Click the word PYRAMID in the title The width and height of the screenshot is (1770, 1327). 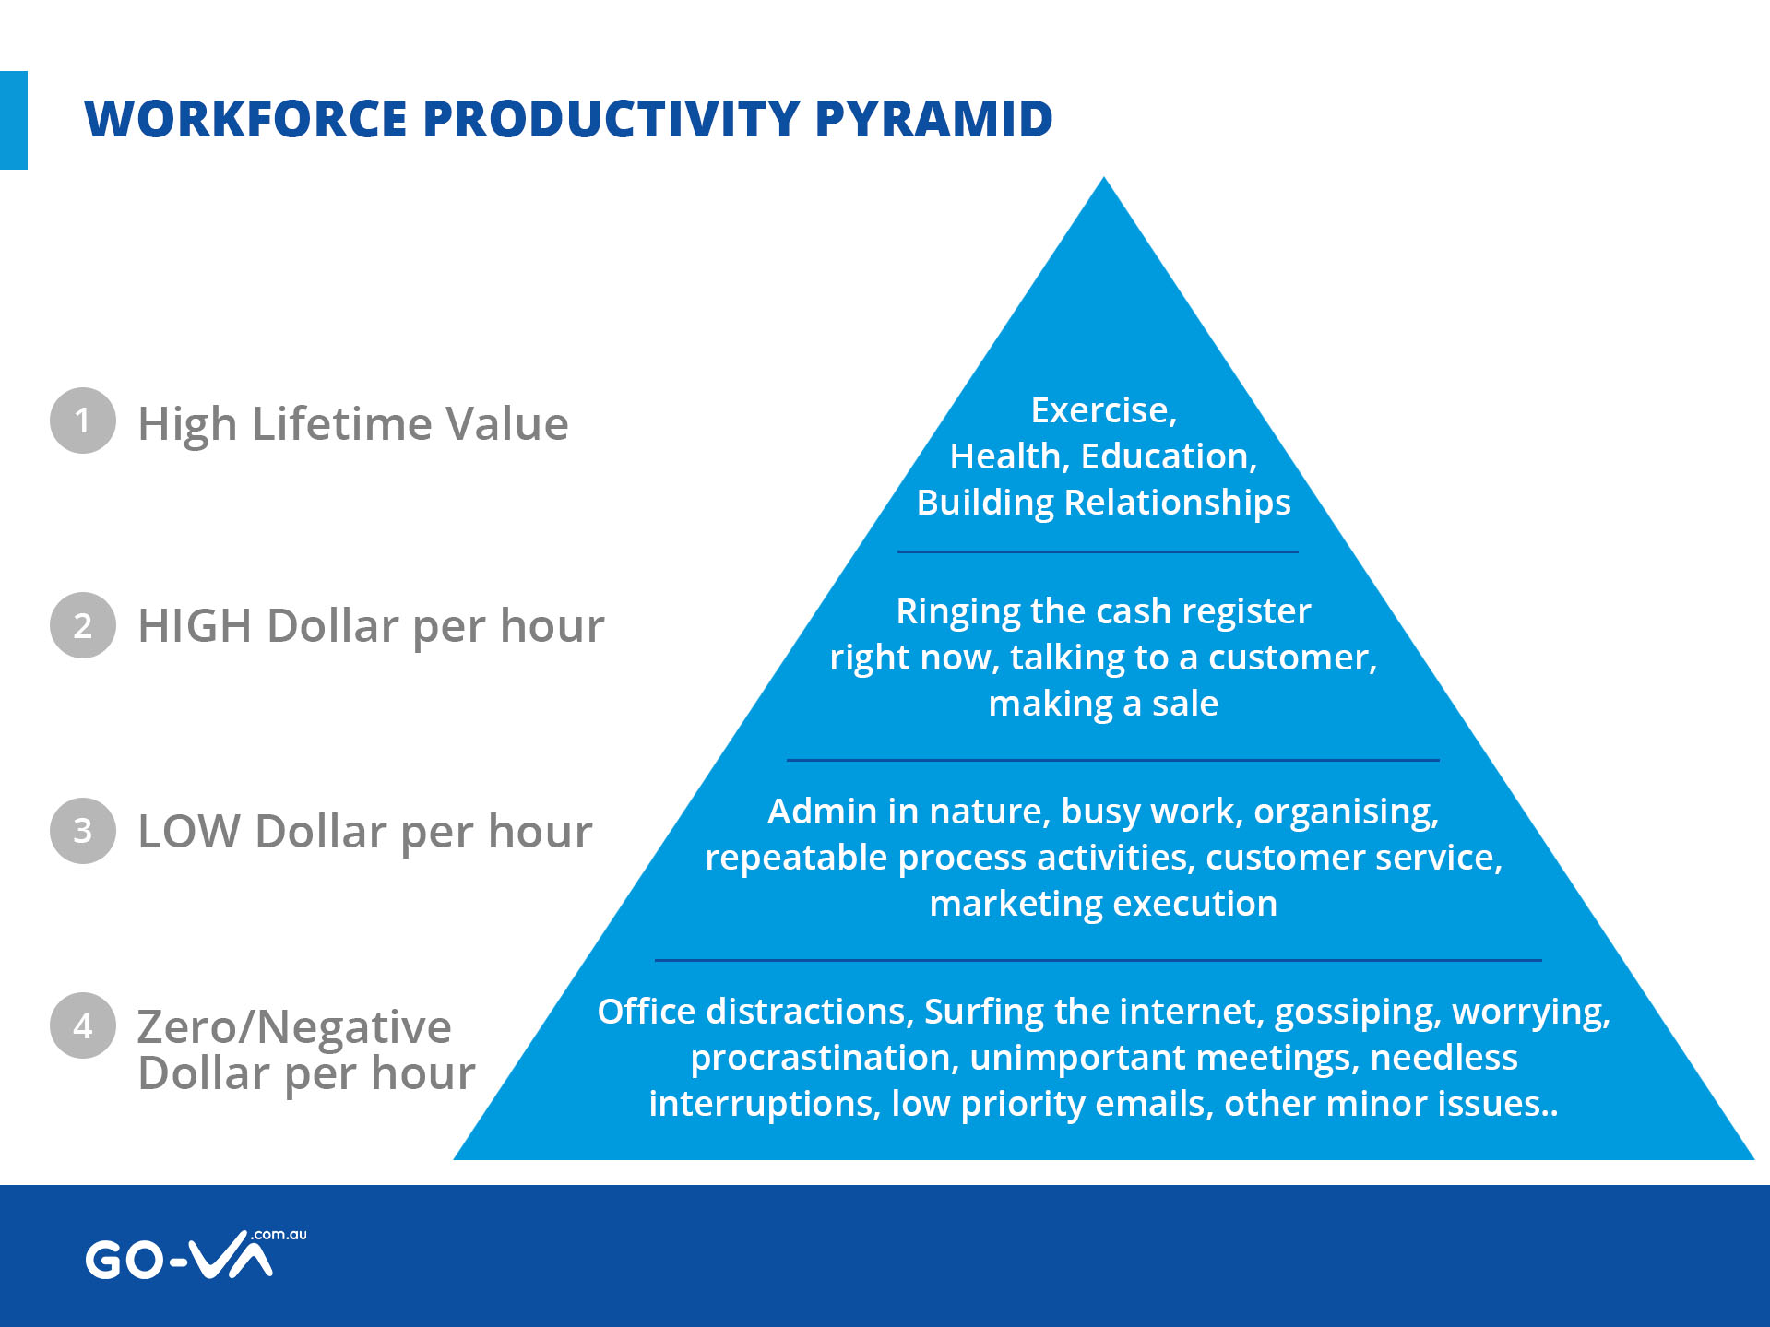933,119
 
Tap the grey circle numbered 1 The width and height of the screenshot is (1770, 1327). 83,421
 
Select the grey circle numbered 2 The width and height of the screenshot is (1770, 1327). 83,625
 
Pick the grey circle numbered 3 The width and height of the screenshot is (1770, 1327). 83,831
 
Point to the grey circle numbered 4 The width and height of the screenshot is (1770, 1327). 83,1025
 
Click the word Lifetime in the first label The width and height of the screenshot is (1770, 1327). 341,424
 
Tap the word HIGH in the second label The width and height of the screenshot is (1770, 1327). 195,626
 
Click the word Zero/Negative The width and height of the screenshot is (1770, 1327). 294,1027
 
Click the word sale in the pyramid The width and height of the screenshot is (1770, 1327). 1185,704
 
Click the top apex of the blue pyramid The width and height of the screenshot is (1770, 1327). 1104,177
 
